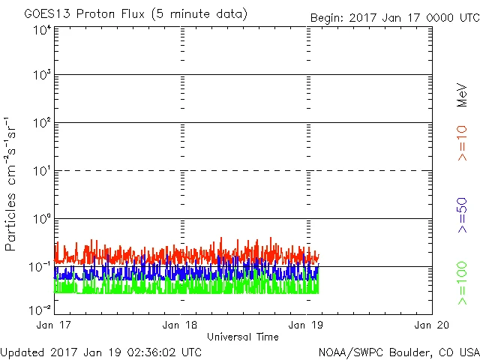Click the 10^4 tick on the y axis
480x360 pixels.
(42, 31)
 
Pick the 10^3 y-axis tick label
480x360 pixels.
(42, 76)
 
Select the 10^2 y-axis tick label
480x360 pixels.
(42, 124)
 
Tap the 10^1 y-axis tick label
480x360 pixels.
(42, 172)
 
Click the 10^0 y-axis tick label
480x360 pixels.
(42, 220)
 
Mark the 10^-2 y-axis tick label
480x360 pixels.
(40, 309)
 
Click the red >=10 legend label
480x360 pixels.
(462, 142)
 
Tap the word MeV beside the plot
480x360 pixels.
(462, 96)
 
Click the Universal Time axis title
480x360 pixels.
(243, 337)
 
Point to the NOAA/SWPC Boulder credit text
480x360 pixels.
(398, 352)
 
